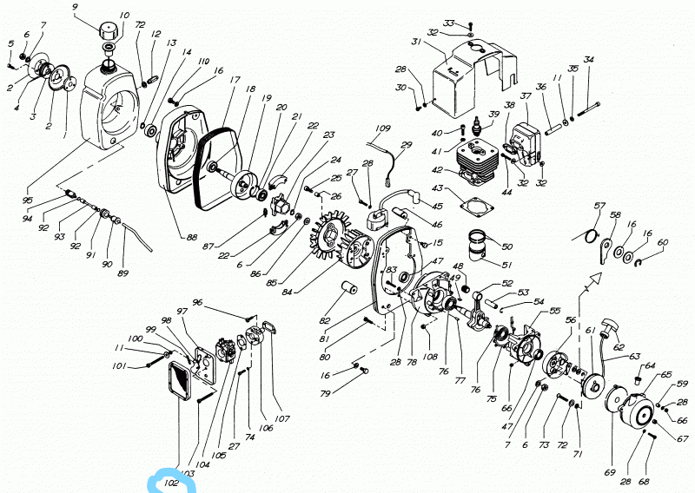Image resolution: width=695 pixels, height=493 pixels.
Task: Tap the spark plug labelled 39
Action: (x=477, y=133)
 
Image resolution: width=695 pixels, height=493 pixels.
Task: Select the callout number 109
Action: (x=383, y=128)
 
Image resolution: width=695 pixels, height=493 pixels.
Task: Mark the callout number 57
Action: (x=599, y=206)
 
